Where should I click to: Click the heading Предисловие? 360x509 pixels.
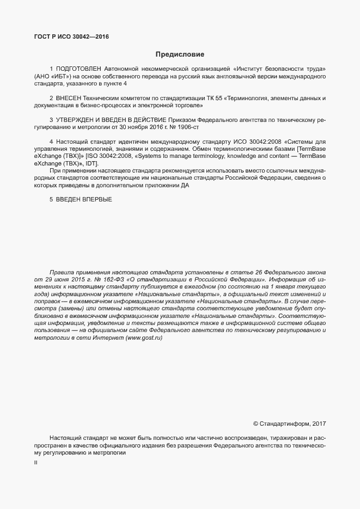(x=180, y=54)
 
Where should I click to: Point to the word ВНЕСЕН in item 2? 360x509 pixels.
(x=68, y=98)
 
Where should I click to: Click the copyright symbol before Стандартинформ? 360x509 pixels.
(x=256, y=424)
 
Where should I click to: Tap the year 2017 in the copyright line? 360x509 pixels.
(x=319, y=424)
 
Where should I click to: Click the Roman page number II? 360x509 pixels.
(x=35, y=463)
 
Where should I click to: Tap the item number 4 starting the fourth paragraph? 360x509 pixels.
(x=51, y=142)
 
